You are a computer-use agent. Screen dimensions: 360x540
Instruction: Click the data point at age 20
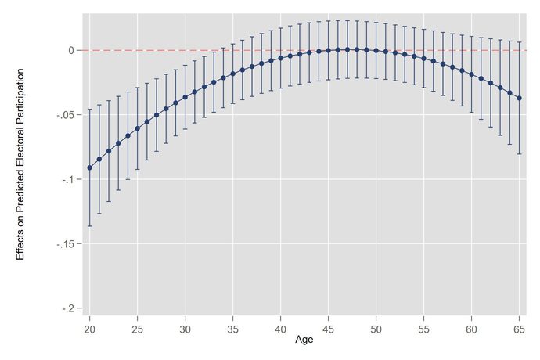89,167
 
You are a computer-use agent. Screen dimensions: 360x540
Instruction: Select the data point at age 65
520,99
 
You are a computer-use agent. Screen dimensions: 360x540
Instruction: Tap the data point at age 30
185,97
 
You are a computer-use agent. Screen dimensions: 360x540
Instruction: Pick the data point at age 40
281,59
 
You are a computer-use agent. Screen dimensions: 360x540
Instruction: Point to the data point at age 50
376,51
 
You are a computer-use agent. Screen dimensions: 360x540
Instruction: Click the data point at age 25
137,128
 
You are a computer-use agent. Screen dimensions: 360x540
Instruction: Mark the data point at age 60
472,74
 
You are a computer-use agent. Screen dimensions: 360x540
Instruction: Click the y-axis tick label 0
70,50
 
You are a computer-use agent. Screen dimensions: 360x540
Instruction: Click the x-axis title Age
304,341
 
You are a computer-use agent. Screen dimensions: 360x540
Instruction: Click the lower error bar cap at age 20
89,226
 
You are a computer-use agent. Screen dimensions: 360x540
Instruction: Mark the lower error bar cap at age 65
520,154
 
